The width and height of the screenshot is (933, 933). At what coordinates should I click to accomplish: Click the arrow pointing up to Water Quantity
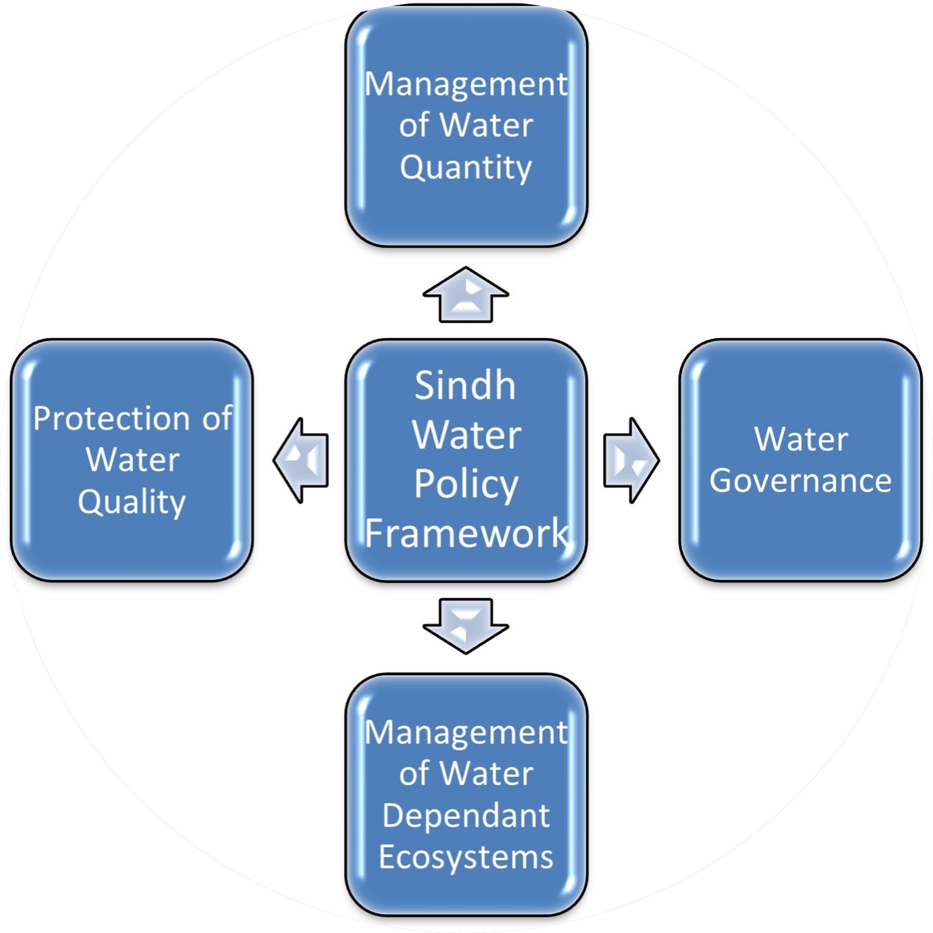(x=466, y=295)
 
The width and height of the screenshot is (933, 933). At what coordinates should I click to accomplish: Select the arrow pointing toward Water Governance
(x=631, y=460)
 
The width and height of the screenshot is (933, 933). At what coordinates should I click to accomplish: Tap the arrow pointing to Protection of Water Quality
(x=302, y=460)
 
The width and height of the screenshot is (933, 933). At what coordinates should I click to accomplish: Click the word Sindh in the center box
(x=465, y=386)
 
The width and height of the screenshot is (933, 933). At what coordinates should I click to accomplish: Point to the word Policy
(x=466, y=484)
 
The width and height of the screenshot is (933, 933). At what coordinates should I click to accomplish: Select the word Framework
(x=466, y=533)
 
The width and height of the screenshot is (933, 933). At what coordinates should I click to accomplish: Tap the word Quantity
(x=466, y=168)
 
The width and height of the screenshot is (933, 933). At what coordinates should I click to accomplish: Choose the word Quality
(x=132, y=501)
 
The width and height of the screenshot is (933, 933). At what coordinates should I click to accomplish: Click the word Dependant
(x=466, y=815)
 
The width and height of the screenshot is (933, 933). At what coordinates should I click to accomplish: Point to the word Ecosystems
(x=466, y=857)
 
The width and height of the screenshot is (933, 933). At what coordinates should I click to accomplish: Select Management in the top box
(x=466, y=85)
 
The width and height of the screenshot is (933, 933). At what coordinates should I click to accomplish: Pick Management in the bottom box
(x=466, y=733)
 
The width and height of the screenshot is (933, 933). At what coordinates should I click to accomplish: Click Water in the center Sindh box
(x=466, y=435)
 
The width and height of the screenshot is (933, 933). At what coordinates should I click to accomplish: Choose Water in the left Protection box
(x=132, y=460)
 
